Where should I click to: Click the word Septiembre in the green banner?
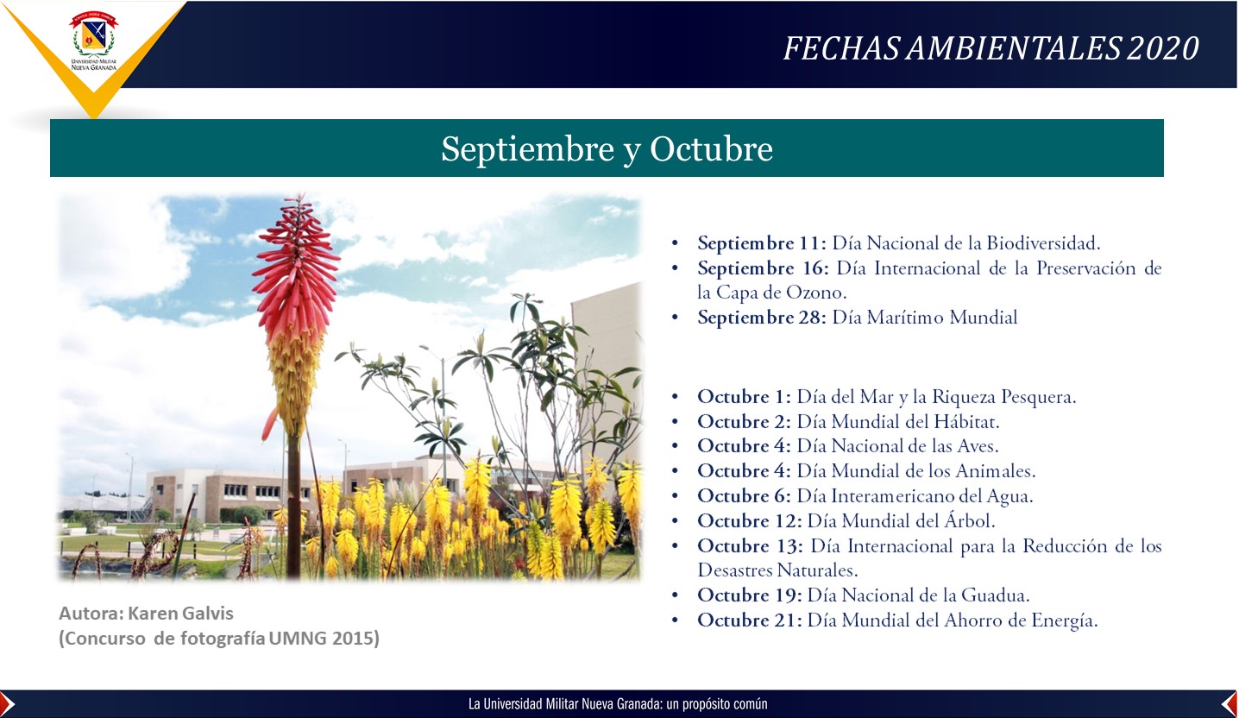(527, 149)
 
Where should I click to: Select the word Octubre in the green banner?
(711, 148)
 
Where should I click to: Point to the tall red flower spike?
(296, 310)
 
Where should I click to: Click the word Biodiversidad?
(1043, 242)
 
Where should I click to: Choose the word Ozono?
(816, 292)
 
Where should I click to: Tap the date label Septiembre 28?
(762, 318)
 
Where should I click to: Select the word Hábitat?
(966, 421)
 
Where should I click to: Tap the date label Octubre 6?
(744, 495)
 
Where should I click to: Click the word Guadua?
(995, 595)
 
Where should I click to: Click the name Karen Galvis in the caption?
(180, 614)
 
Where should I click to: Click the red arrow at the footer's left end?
(7, 704)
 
